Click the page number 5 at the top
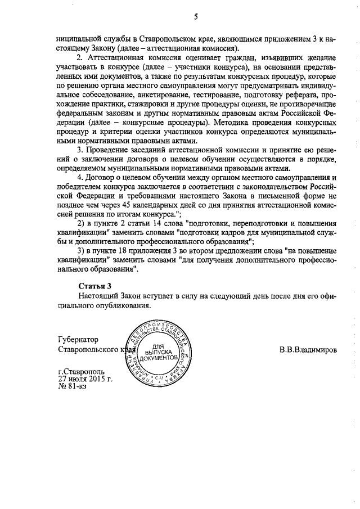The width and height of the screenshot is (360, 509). point(196,17)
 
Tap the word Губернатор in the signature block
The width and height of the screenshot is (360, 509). point(78,340)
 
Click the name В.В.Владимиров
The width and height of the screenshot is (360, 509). point(308,349)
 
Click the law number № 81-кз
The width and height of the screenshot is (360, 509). point(73,386)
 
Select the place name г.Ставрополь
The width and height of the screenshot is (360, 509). point(82,371)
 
